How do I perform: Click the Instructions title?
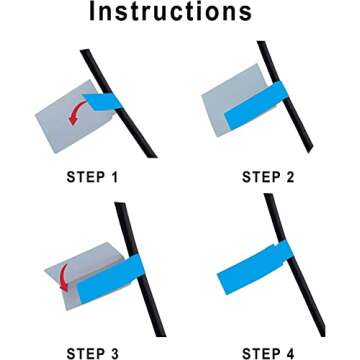170,12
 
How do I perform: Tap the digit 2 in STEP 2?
290,177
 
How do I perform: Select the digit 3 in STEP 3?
113,354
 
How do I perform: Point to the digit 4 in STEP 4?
290,354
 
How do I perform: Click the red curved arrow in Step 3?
63,277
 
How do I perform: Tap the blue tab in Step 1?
102,101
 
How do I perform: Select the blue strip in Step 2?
256,105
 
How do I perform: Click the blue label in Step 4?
255,267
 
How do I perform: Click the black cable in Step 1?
118,103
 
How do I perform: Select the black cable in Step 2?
285,97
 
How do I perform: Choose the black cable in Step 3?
140,269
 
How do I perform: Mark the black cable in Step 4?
294,265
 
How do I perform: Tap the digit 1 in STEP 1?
114,177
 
